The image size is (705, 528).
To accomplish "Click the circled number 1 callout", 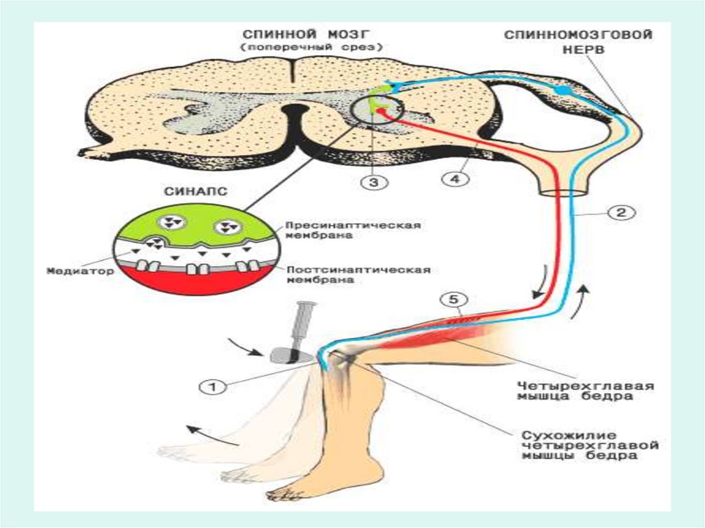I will (x=213, y=388).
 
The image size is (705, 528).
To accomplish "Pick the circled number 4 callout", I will (x=454, y=179).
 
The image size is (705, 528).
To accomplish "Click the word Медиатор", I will (x=70, y=271).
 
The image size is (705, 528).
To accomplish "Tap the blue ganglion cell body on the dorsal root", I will (x=563, y=90).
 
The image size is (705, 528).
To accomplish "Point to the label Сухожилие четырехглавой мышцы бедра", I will (x=589, y=445).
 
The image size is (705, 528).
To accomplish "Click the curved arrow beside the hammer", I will (x=248, y=346).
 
